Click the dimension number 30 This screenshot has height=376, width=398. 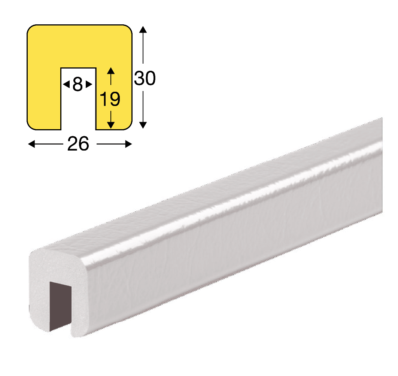(x=145, y=78)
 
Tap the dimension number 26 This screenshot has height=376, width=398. (x=78, y=144)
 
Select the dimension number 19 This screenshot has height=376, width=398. (x=110, y=99)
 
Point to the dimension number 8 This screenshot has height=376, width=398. (x=78, y=84)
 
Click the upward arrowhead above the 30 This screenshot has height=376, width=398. (x=143, y=30)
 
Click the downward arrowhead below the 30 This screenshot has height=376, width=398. (x=143, y=125)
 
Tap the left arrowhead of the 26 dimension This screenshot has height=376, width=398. (x=31, y=144)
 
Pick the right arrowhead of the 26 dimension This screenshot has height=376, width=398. (x=129, y=144)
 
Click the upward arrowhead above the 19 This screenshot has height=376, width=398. (x=111, y=71)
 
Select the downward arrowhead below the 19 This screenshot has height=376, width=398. (x=111, y=125)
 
